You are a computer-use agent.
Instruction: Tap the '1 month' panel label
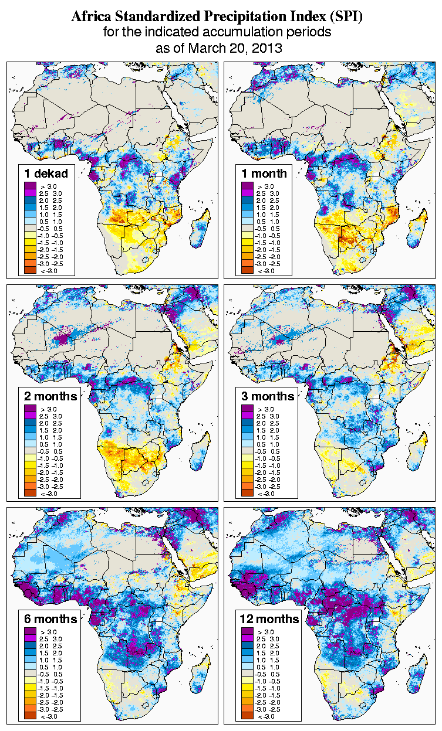pos(264,173)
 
